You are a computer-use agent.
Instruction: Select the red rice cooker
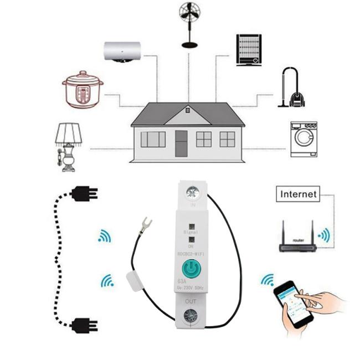tap(83, 90)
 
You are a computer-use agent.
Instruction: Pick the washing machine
tap(304, 139)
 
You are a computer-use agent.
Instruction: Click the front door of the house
tap(181, 143)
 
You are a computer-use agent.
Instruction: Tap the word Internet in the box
tap(299, 194)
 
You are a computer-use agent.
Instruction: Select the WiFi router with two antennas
tap(298, 240)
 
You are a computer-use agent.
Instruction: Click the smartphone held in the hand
tap(292, 302)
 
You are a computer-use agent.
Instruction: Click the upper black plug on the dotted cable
tap(85, 193)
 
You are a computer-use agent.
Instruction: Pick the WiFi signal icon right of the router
tap(324, 235)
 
